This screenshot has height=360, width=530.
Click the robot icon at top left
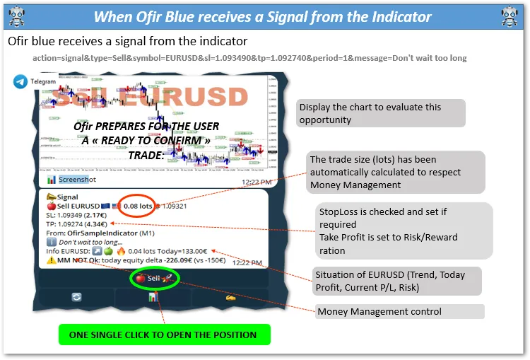pos(16,16)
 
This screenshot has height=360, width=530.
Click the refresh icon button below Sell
pos(76,298)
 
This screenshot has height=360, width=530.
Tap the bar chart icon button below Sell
pos(152,298)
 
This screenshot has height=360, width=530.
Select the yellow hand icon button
pos(230,298)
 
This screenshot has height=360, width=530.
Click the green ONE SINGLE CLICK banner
pos(164,335)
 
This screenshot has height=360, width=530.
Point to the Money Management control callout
pos(399,312)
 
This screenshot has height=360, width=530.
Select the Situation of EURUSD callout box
pos(398,281)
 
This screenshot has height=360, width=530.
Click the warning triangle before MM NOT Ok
pos(51,260)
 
